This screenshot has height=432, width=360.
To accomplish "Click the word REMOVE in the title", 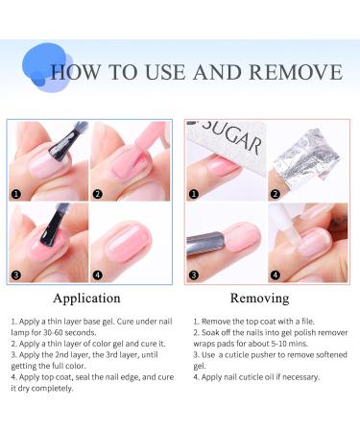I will tap(294, 73).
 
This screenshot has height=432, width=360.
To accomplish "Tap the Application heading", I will tap(87, 298).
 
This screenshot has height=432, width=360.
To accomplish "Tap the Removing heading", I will tap(260, 298).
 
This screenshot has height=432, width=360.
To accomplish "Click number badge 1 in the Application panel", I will tap(16, 192).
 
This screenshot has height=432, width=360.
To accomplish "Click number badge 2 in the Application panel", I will tap(98, 192).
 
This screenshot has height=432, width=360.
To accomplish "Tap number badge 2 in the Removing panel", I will tap(276, 192).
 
